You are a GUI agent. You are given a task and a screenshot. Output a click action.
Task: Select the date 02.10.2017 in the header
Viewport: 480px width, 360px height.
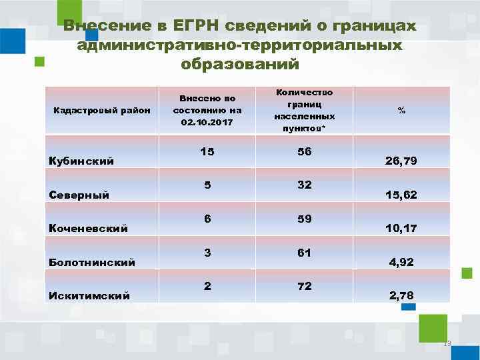(207, 123)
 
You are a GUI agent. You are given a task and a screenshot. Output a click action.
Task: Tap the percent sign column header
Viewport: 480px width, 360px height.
(401, 110)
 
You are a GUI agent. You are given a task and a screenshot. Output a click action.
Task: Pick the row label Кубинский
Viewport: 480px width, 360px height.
(81, 161)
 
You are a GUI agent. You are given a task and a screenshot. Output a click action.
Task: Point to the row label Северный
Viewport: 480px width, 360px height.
(79, 195)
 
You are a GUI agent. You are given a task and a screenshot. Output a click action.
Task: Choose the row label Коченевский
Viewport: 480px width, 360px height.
(89, 228)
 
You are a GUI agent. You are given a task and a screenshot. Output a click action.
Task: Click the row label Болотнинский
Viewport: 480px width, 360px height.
(93, 262)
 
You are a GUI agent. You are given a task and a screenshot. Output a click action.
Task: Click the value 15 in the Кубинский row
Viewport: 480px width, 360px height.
(207, 152)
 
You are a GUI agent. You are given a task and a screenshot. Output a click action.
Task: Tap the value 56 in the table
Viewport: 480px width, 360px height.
(305, 152)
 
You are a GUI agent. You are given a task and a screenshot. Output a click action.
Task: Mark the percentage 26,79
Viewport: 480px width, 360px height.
(401, 161)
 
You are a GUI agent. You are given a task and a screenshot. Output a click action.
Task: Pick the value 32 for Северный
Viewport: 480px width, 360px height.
(305, 185)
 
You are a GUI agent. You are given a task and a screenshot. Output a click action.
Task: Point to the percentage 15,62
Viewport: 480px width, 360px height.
(401, 195)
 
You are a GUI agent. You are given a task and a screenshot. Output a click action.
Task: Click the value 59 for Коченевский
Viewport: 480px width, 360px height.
(305, 219)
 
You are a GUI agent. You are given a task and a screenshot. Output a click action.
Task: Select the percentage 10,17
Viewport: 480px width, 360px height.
(401, 228)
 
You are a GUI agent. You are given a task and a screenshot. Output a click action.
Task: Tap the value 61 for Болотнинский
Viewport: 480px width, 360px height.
(305, 253)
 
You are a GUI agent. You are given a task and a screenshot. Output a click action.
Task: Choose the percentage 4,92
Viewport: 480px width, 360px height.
(401, 262)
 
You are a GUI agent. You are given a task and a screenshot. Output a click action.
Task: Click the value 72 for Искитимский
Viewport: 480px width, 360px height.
(305, 286)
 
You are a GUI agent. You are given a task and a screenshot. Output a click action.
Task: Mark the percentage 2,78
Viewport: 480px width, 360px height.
(401, 295)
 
